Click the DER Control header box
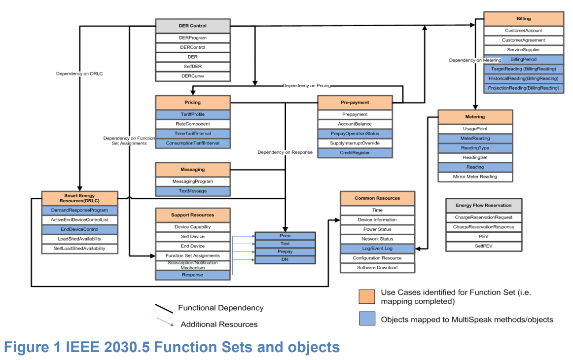(193, 26)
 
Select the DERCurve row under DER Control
(193, 76)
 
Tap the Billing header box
(523, 19)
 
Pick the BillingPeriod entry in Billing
(523, 59)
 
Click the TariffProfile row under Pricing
(193, 114)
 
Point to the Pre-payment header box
(355, 103)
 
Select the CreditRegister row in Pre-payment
(355, 153)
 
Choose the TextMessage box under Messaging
(193, 191)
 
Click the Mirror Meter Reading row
(475, 177)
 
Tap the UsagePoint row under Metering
(475, 129)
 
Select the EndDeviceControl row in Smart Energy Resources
(80, 229)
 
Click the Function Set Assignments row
(193, 255)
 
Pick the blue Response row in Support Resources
(193, 275)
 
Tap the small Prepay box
(285, 252)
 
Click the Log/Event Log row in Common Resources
(377, 249)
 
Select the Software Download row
(377, 268)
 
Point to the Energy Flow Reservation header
(483, 205)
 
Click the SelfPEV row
(483, 246)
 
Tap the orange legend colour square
(366, 296)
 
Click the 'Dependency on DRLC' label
(79, 74)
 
